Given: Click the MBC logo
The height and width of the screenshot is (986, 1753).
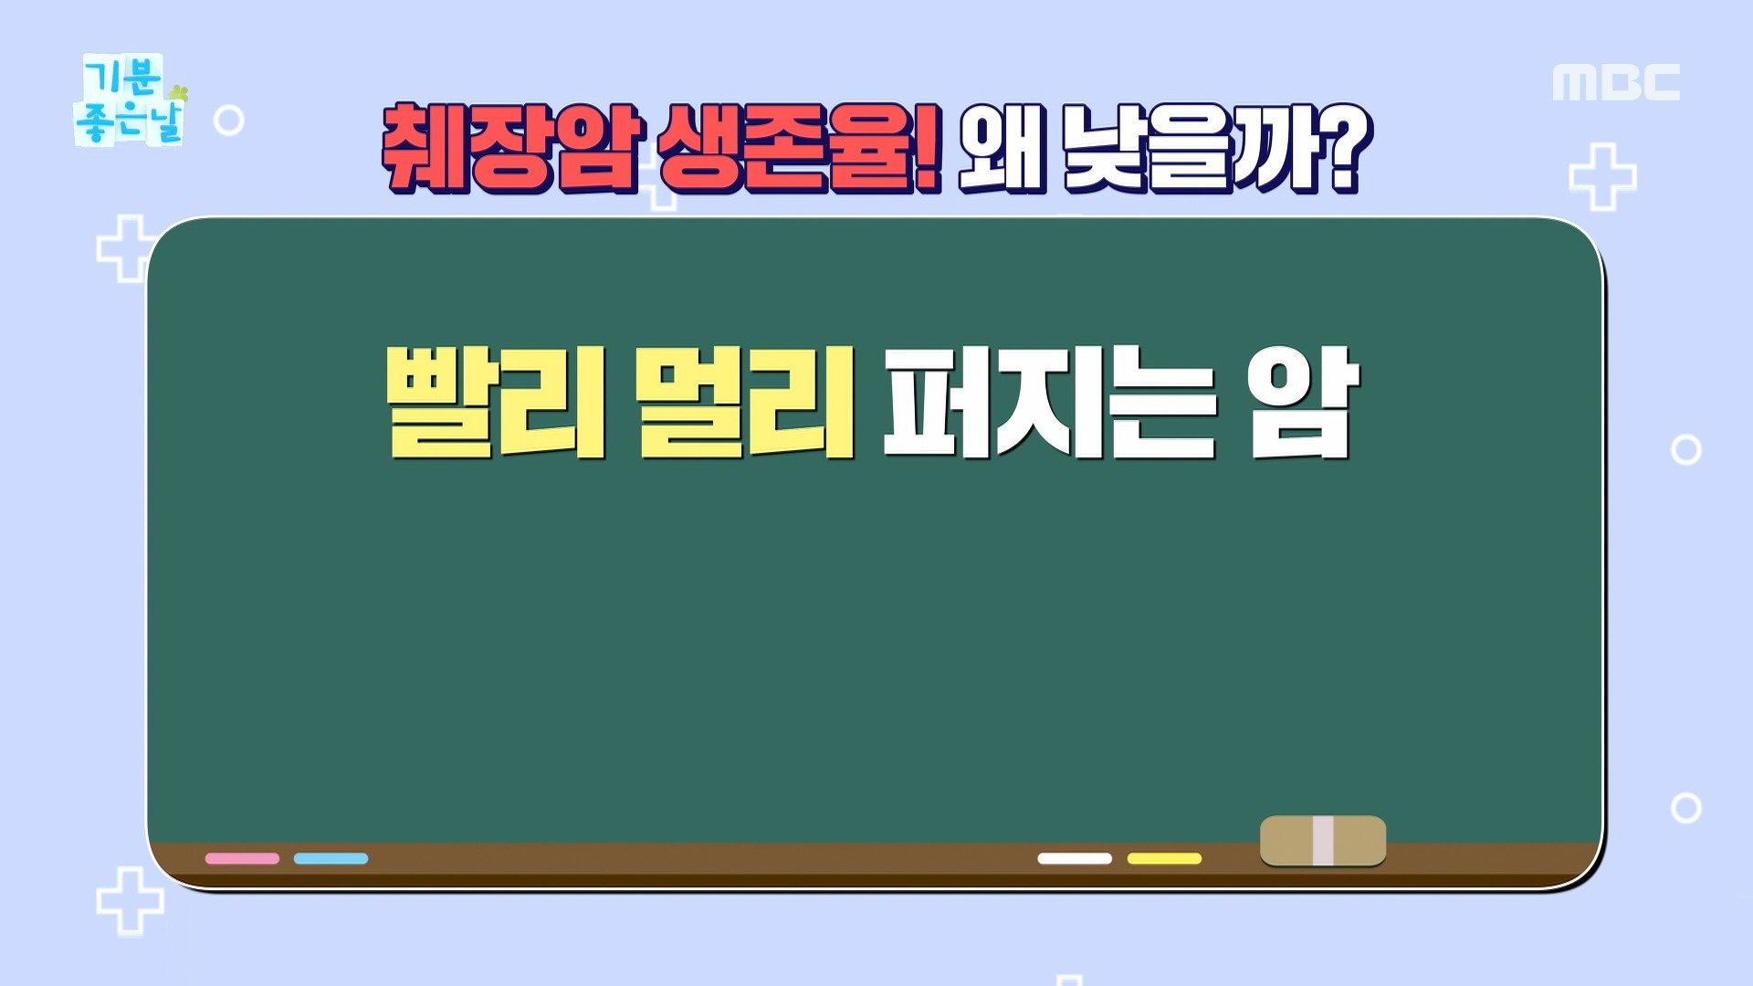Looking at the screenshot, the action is [x=1616, y=83].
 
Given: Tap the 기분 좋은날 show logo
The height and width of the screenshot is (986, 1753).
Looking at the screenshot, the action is [x=131, y=100].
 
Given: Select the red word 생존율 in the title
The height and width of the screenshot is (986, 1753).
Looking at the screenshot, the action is [x=786, y=148].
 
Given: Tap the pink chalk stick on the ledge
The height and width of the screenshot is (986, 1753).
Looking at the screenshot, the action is [x=242, y=858].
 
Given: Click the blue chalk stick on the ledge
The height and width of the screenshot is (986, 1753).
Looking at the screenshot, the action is [x=331, y=858].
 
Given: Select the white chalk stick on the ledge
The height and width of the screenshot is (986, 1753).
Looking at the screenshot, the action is [x=1075, y=858].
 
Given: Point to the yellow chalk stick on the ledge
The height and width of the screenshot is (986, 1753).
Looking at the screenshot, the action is [x=1164, y=858].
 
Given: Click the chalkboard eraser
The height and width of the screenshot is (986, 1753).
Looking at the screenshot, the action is [x=1323, y=841].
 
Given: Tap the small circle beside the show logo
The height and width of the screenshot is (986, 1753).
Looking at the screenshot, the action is [x=228, y=120].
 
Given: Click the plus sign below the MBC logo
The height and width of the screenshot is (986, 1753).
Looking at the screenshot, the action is [x=1602, y=176].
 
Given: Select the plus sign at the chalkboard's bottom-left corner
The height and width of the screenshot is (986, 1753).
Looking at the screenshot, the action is [x=131, y=901].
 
